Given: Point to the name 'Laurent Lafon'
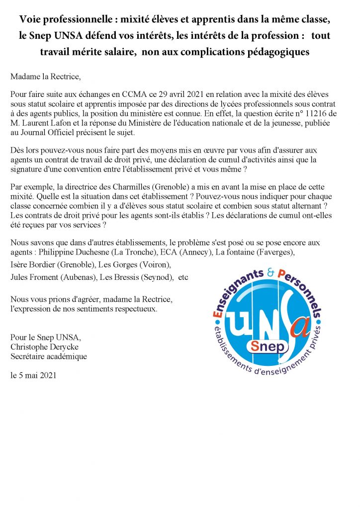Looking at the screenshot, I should coord(43,121).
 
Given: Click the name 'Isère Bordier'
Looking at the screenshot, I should coord(33,264).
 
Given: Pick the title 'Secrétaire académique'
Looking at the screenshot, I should coord(48,356).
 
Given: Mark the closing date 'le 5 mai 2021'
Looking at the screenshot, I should coord(33,375).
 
